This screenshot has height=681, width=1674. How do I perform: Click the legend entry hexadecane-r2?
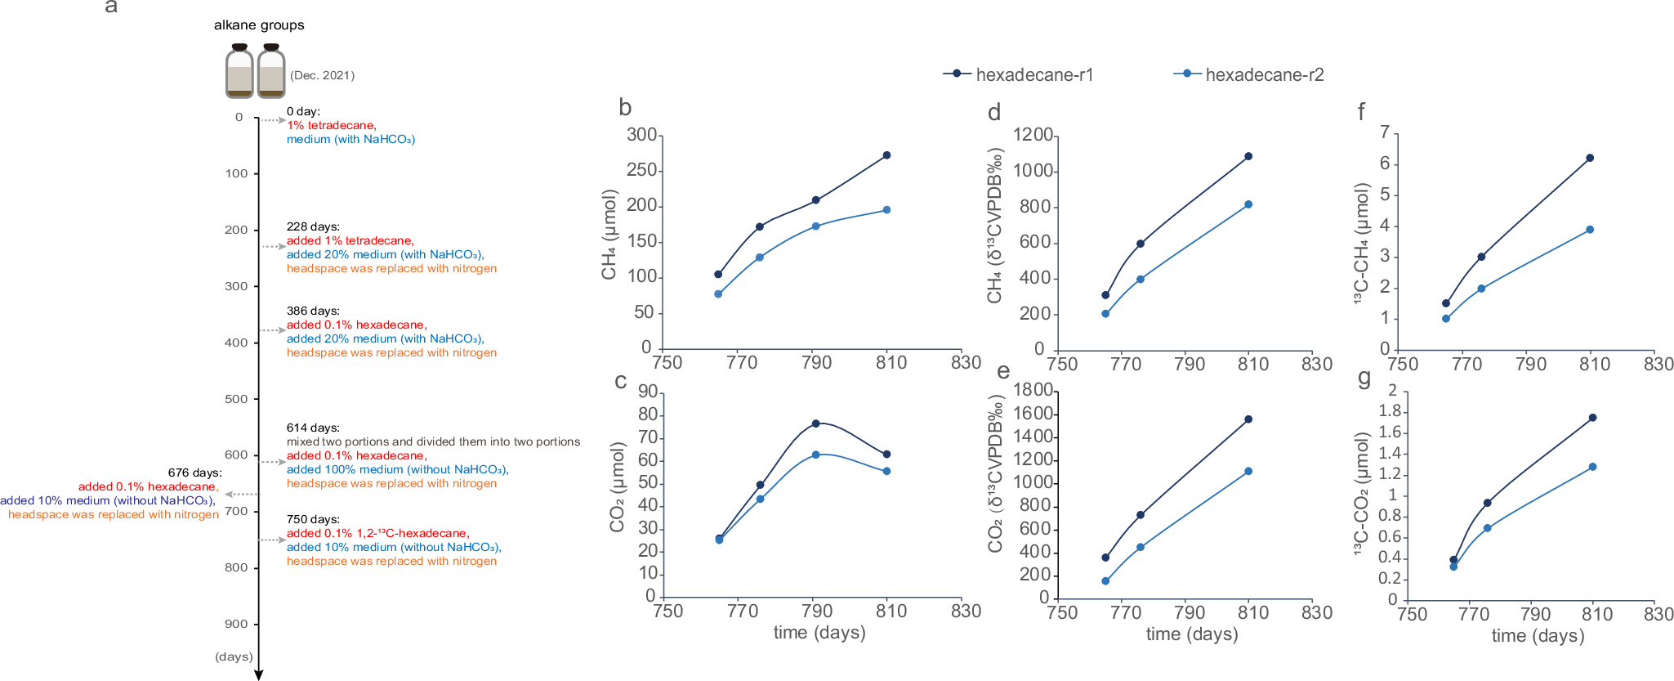(x=1263, y=74)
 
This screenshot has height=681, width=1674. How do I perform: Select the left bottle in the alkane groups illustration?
(x=239, y=72)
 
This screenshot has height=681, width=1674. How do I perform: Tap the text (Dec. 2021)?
(x=323, y=75)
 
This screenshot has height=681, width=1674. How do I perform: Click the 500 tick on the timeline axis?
(x=236, y=399)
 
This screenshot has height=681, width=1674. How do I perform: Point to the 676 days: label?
(x=194, y=473)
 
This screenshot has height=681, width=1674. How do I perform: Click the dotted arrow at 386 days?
(x=272, y=330)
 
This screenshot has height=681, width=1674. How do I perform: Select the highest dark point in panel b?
(x=886, y=155)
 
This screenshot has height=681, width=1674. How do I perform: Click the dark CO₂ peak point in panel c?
(x=815, y=423)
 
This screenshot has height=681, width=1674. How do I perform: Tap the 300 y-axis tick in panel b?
(x=641, y=135)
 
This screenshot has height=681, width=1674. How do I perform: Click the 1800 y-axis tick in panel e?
(x=1033, y=390)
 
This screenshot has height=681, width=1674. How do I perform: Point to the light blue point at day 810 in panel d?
(x=1248, y=204)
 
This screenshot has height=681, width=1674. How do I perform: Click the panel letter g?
(x=1364, y=379)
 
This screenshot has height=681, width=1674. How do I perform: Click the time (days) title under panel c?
(x=819, y=632)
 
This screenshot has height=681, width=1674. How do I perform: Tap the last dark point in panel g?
(x=1592, y=418)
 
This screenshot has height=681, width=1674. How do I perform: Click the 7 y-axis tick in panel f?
(x=1385, y=132)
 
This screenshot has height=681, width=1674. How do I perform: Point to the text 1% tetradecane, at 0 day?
(x=331, y=125)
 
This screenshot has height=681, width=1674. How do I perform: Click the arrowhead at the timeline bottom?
(x=259, y=674)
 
